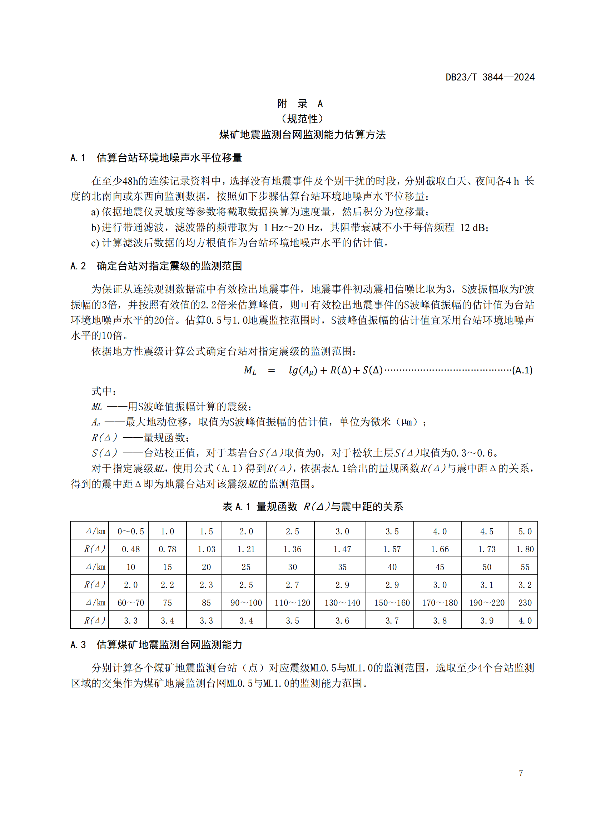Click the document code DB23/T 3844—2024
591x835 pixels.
tap(490, 77)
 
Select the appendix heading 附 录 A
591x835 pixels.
tap(300, 104)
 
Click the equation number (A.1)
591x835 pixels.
tap(522, 371)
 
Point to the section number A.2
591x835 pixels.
tap(78, 266)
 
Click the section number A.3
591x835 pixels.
tap(78, 645)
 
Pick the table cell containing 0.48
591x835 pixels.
tap(131, 549)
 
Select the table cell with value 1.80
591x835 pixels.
tap(525, 549)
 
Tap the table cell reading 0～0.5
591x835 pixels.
tap(131, 531)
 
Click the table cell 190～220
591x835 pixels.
tap(487, 603)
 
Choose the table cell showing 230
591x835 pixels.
tap(525, 603)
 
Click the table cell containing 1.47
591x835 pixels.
tap(342, 549)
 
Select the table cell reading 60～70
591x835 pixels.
tap(131, 603)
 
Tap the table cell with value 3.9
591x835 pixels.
tap(487, 620)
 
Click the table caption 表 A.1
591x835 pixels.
tap(236, 507)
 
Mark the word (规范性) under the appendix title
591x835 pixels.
tap(302, 119)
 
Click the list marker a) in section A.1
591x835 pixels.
tap(95, 212)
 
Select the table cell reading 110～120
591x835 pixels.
tap(292, 603)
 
